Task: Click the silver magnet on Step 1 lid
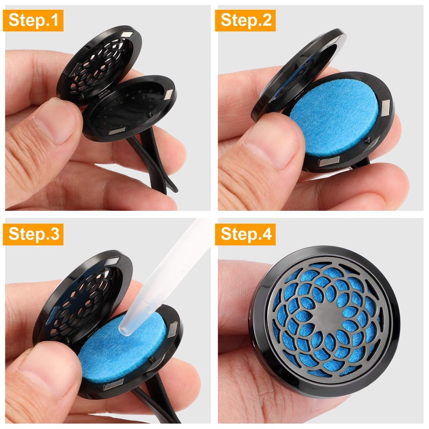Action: [x=128, y=35]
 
